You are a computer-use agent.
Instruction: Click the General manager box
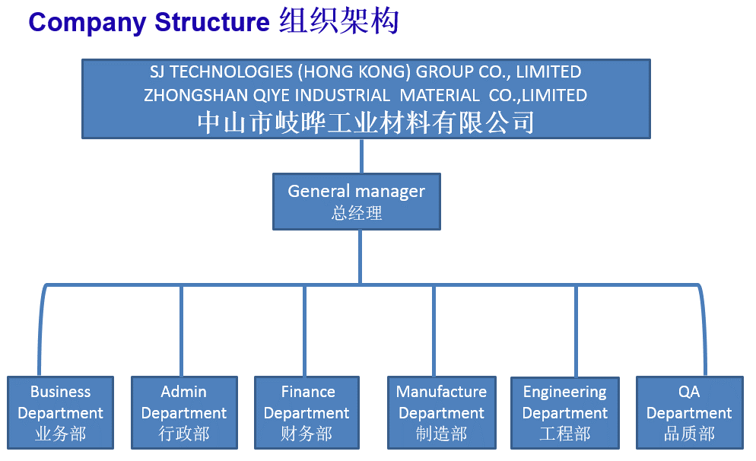356,202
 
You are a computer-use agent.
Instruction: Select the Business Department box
60,413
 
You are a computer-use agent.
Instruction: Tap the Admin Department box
184,413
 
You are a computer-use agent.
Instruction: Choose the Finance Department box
307,413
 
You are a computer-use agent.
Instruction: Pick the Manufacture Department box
442,413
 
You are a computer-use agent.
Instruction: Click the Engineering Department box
565,413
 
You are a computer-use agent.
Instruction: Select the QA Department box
690,413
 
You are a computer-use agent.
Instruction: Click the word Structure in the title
211,22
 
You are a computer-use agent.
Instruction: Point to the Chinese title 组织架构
339,21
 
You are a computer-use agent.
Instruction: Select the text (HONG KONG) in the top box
354,72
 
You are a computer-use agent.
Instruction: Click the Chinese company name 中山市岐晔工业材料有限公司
366,122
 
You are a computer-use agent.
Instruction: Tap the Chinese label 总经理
357,213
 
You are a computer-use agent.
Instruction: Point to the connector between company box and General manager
361,156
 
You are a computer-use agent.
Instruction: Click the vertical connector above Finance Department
305,331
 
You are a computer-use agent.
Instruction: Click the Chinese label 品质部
690,434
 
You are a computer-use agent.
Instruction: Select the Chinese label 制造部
442,434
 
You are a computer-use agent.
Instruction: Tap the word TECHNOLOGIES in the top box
231,72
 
